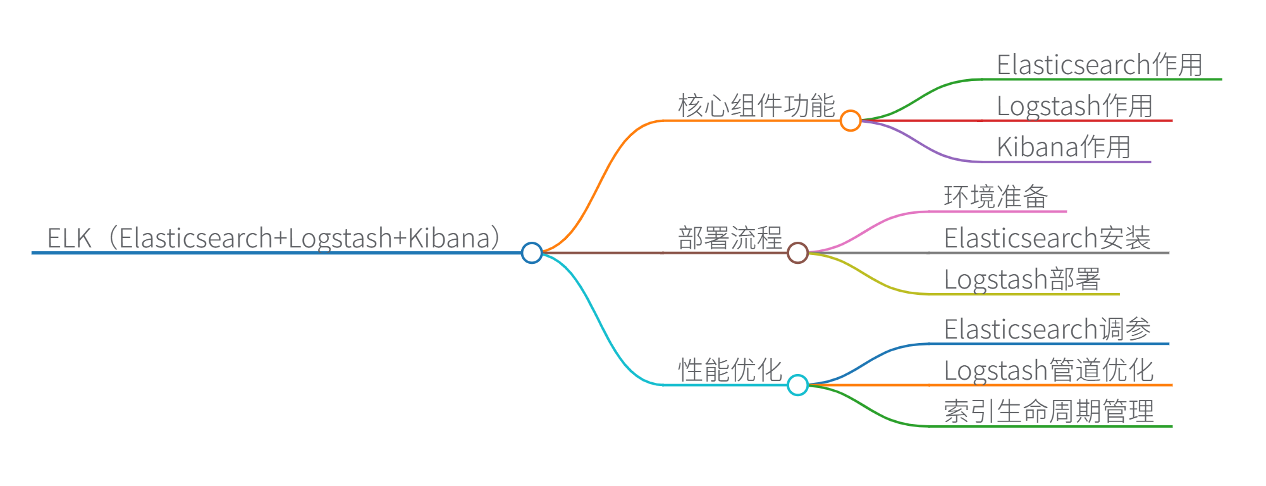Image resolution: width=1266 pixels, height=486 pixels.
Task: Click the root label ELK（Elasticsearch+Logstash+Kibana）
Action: tap(275, 238)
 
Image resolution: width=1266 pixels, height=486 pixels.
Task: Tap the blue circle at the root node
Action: tap(532, 252)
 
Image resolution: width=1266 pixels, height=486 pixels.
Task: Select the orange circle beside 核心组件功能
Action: tap(851, 120)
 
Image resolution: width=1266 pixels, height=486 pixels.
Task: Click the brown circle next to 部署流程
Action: tap(797, 252)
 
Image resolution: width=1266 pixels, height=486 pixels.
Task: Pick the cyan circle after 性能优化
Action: tap(797, 385)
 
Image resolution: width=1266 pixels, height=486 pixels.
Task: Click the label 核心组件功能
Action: tap(756, 105)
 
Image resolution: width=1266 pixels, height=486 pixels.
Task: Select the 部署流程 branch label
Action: tap(730, 238)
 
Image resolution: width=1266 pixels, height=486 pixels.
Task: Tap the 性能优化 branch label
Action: tap(730, 370)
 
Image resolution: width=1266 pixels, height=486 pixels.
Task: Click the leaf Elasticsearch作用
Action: tap(1099, 65)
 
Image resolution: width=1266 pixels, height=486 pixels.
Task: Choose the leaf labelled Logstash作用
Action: tap(1074, 106)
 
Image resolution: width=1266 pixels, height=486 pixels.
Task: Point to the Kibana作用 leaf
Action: tap(1063, 147)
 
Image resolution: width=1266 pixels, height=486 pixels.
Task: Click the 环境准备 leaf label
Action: tap(996, 197)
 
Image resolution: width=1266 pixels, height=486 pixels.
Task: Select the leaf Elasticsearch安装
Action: tap(1047, 238)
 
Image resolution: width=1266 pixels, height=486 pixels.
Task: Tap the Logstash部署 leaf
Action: tap(1022, 279)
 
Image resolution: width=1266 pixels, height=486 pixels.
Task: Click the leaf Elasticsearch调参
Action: tap(1047, 329)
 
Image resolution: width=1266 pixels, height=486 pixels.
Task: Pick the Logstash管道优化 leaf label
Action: tap(1048, 370)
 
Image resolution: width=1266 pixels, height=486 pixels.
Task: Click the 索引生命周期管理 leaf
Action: tap(1048, 411)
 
